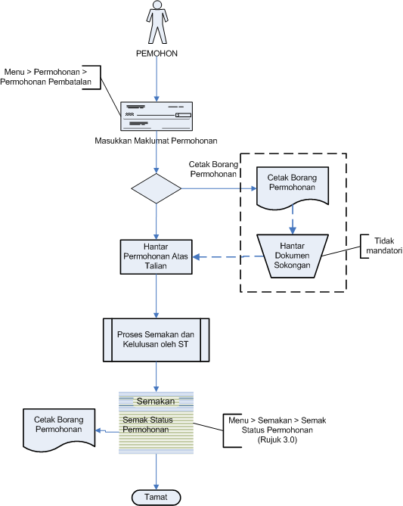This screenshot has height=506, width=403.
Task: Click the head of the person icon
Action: pyautogui.click(x=157, y=5)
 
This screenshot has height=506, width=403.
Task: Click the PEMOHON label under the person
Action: pyautogui.click(x=157, y=54)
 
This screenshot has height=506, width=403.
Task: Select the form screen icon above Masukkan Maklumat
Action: pyautogui.click(x=157, y=116)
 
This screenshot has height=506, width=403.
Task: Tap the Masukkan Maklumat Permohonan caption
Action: pyautogui.click(x=156, y=141)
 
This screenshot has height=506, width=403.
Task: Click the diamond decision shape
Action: pyautogui.click(x=157, y=188)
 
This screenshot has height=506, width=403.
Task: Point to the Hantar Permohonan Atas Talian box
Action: pyautogui.click(x=157, y=257)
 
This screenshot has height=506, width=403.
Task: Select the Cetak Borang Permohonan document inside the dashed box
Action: pyautogui.click(x=293, y=187)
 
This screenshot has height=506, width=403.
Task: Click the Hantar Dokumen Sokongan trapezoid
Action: pyautogui.click(x=293, y=256)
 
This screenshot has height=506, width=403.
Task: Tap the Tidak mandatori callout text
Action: pyautogui.click(x=384, y=246)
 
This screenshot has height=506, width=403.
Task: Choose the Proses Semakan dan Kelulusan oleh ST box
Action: pyautogui.click(x=157, y=340)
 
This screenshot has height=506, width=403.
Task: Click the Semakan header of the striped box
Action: pyautogui.click(x=156, y=401)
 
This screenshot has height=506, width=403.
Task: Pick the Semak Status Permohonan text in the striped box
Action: pyautogui.click(x=147, y=424)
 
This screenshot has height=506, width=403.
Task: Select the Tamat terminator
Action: pyautogui.click(x=157, y=497)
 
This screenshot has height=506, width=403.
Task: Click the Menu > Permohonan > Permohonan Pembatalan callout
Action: pyautogui.click(x=46, y=77)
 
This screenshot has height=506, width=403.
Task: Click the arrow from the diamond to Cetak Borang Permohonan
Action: pyautogui.click(x=219, y=188)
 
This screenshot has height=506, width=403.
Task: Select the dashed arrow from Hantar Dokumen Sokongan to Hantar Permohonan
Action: pyautogui.click(x=228, y=256)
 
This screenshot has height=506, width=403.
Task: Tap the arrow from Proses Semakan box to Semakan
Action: pyautogui.click(x=157, y=377)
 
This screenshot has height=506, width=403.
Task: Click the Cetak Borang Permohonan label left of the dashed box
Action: pyautogui.click(x=213, y=169)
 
